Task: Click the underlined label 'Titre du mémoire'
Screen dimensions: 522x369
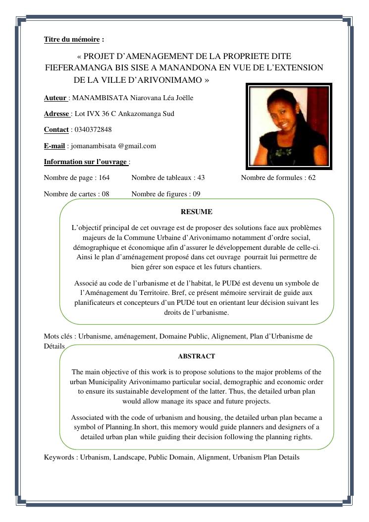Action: click(71, 39)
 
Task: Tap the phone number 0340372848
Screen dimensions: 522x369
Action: click(93, 129)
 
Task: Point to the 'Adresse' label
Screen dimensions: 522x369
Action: click(57, 114)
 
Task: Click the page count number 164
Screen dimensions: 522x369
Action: click(104, 177)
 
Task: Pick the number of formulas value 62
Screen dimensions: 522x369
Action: click(311, 177)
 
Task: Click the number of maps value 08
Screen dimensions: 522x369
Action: click(105, 194)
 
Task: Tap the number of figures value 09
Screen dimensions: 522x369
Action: click(196, 194)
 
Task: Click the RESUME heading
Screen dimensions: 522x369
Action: click(196, 212)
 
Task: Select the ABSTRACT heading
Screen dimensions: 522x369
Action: click(196, 356)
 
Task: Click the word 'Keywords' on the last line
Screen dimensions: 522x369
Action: click(59, 457)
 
